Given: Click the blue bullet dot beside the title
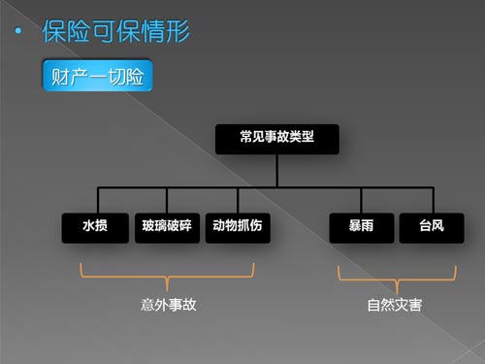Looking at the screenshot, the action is click(x=18, y=31).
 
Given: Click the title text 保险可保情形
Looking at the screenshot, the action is click(x=116, y=31).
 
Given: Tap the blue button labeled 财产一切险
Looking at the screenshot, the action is click(x=97, y=76).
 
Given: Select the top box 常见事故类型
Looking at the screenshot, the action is click(x=277, y=139).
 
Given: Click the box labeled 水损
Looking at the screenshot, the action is click(x=95, y=228).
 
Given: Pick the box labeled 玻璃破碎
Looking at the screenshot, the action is click(x=167, y=228).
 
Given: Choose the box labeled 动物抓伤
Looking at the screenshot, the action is click(x=238, y=228).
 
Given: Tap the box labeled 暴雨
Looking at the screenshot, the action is click(x=362, y=228).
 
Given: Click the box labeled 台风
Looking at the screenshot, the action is click(x=432, y=228).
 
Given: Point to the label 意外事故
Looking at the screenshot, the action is click(x=169, y=305).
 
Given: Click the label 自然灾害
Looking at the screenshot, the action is click(x=395, y=305).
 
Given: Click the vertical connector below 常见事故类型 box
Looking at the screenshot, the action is click(x=277, y=171).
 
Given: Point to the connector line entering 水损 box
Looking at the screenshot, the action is click(x=98, y=200).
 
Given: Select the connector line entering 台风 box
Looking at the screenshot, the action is click(x=433, y=200).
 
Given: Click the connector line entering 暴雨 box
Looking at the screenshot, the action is click(x=361, y=200).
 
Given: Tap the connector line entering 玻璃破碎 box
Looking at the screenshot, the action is click(x=167, y=200).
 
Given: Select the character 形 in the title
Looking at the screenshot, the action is click(x=178, y=31).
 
